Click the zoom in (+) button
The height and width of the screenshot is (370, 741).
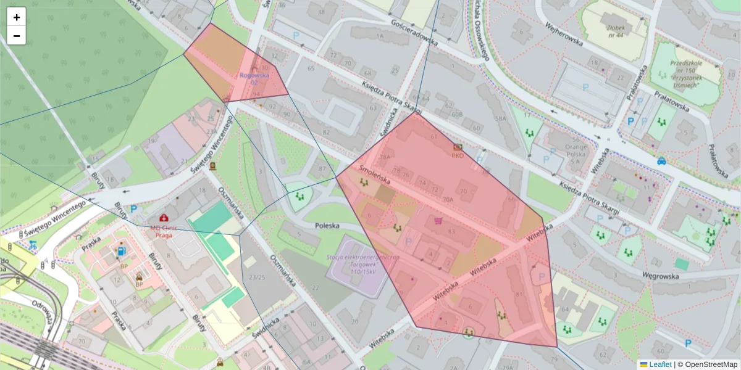tap(17, 17)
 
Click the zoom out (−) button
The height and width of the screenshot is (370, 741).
tap(17, 36)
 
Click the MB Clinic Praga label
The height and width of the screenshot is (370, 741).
tap(164, 231)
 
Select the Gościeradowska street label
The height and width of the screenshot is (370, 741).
tap(414, 32)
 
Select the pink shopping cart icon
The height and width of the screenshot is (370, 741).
tap(438, 220)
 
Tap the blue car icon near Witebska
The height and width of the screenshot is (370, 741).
tap(661, 162)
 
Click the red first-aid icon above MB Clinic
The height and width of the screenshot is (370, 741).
tap(164, 218)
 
